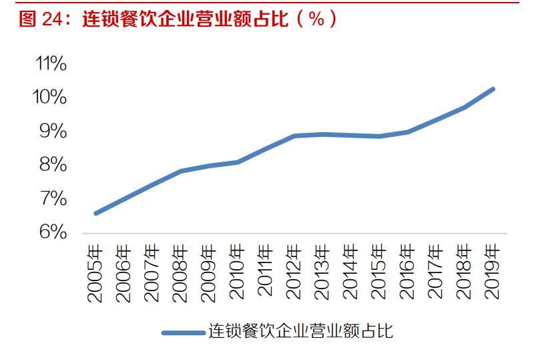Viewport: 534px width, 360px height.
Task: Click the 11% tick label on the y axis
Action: [51, 64]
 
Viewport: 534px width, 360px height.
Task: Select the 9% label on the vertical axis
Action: [53, 132]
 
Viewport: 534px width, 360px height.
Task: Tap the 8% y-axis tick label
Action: [53, 165]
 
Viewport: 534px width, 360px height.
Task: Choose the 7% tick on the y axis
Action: [53, 199]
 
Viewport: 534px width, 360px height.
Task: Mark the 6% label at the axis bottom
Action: [53, 232]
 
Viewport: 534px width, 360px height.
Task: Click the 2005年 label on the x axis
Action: [96, 273]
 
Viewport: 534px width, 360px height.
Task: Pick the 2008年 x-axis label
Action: [181, 273]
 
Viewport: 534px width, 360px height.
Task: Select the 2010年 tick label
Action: [238, 273]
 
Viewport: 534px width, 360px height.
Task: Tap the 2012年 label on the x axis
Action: [294, 273]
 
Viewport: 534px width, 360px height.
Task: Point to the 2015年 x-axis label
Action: [379, 273]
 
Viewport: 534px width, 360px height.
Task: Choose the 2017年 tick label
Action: [436, 273]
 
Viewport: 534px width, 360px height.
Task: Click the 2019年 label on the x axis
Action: [493, 273]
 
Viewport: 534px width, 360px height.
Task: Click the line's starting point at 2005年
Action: [96, 213]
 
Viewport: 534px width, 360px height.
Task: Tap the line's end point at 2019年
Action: [493, 89]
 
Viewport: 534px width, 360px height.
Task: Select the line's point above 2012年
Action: [294, 136]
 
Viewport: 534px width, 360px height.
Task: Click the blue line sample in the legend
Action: [184, 332]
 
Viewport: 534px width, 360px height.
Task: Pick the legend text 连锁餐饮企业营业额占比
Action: [300, 331]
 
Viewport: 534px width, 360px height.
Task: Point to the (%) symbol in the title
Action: [316, 18]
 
